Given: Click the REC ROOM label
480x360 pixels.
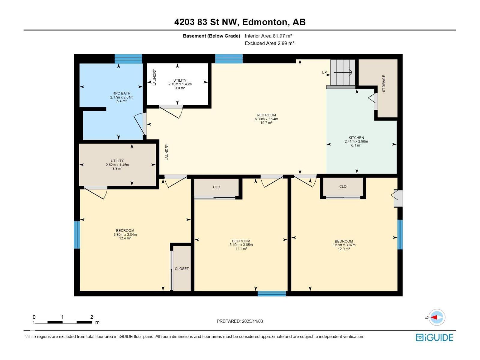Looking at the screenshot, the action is point(266,115).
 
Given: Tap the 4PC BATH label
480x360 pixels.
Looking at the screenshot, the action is point(121,93).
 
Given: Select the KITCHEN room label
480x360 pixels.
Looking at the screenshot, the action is point(356,137).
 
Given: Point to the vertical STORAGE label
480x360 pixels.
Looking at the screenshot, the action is point(384,83).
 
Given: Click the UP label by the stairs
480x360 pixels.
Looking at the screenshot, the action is point(324,72).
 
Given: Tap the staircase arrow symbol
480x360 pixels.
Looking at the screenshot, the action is point(343,72).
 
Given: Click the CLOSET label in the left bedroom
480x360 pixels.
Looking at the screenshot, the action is point(181,268).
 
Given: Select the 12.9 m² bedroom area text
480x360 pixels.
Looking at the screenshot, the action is point(343,249).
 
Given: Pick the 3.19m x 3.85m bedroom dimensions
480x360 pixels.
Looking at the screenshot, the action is point(241,245).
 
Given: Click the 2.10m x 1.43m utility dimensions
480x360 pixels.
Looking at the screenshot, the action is point(180,84).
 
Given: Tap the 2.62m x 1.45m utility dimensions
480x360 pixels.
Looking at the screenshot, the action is point(117,165).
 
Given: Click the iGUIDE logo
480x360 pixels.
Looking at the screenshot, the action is point(434,337).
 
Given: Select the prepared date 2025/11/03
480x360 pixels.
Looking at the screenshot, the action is point(252,321).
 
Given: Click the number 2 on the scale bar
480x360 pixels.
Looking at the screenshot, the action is point(91,317).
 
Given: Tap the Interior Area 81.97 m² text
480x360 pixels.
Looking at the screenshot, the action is point(268,36).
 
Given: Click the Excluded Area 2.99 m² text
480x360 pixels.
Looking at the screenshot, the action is point(269,43).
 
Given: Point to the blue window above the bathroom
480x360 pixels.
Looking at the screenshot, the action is point(128,59).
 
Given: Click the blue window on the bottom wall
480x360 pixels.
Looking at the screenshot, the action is point(271,294).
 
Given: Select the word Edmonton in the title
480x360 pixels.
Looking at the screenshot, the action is point(265,22).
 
